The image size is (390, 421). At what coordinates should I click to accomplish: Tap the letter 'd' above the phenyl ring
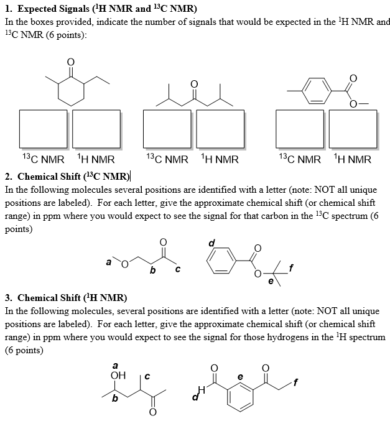pos(211,243)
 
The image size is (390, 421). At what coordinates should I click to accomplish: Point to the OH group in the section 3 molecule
pos(117,375)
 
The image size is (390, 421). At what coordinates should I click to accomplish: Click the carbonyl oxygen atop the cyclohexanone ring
pos(70,62)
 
